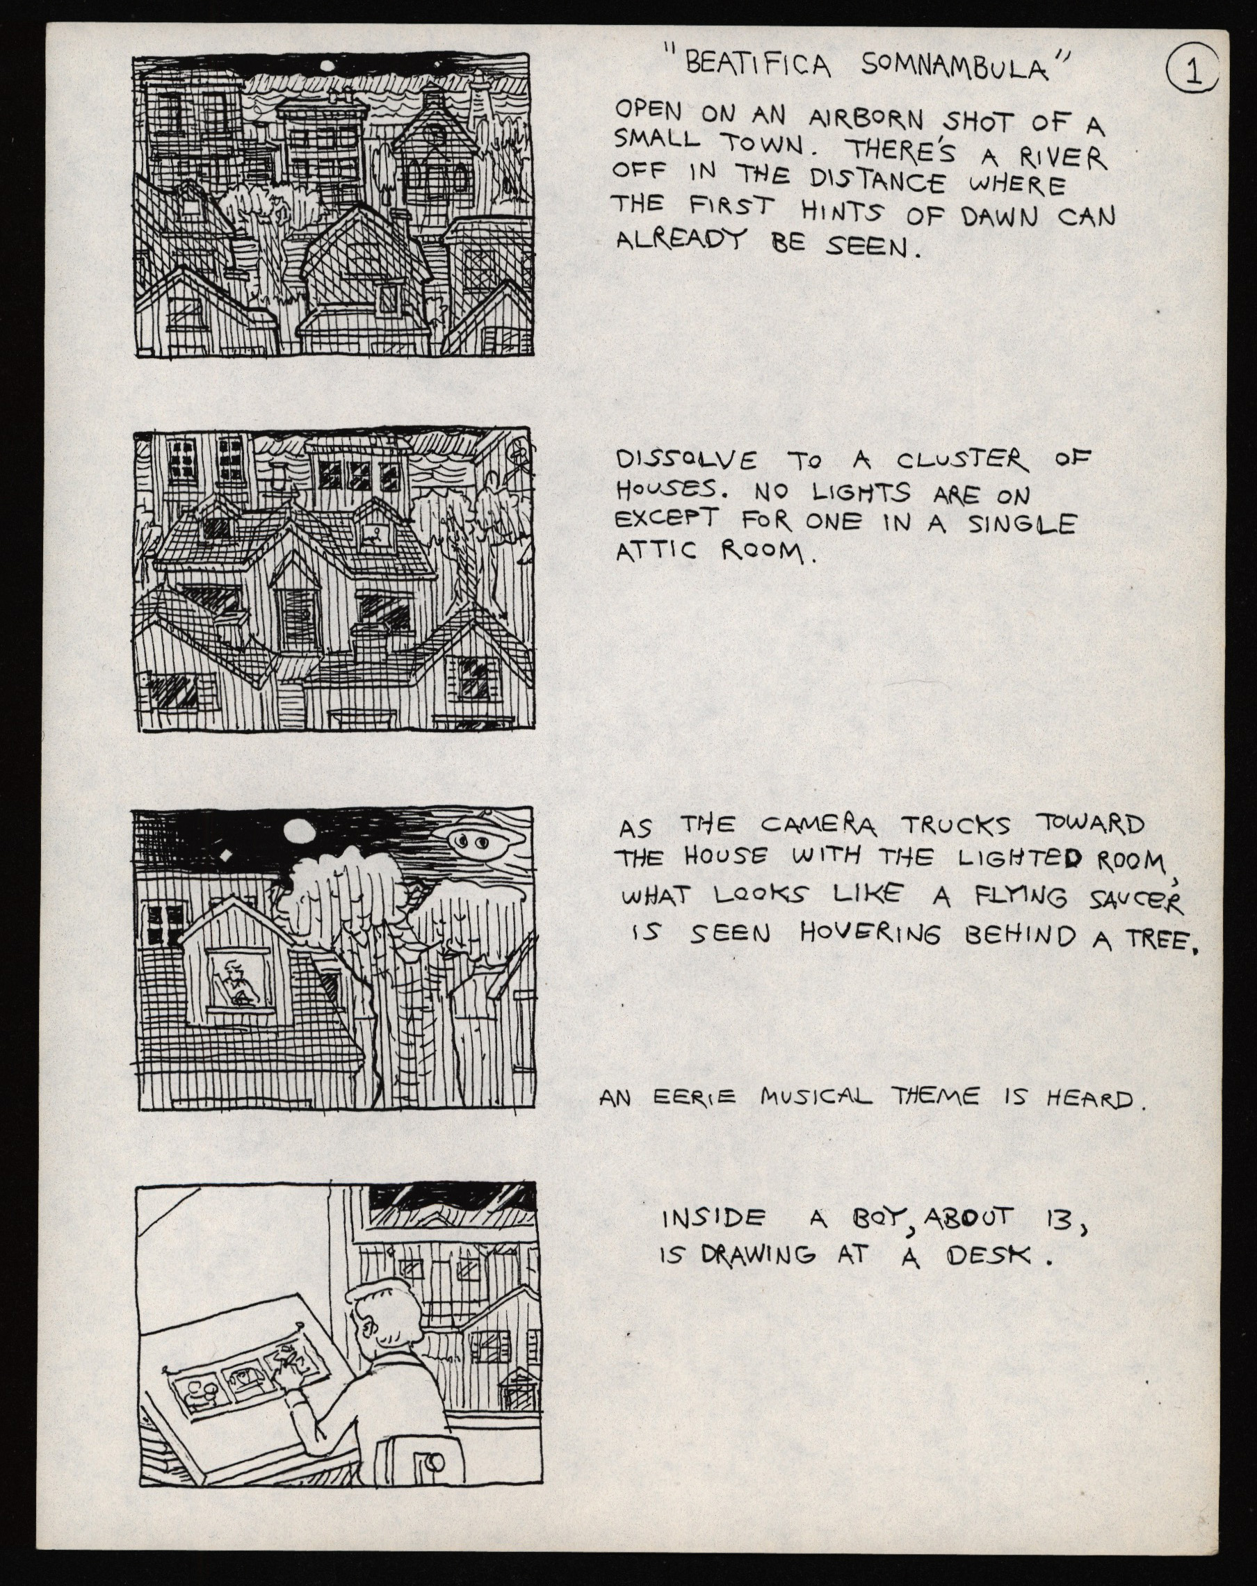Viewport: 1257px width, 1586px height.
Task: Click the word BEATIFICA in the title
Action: click(758, 66)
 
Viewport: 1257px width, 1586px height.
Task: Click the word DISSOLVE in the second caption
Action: click(686, 460)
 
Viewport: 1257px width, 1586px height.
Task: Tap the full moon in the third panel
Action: click(300, 832)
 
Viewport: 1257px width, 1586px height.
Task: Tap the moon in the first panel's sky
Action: click(325, 67)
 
